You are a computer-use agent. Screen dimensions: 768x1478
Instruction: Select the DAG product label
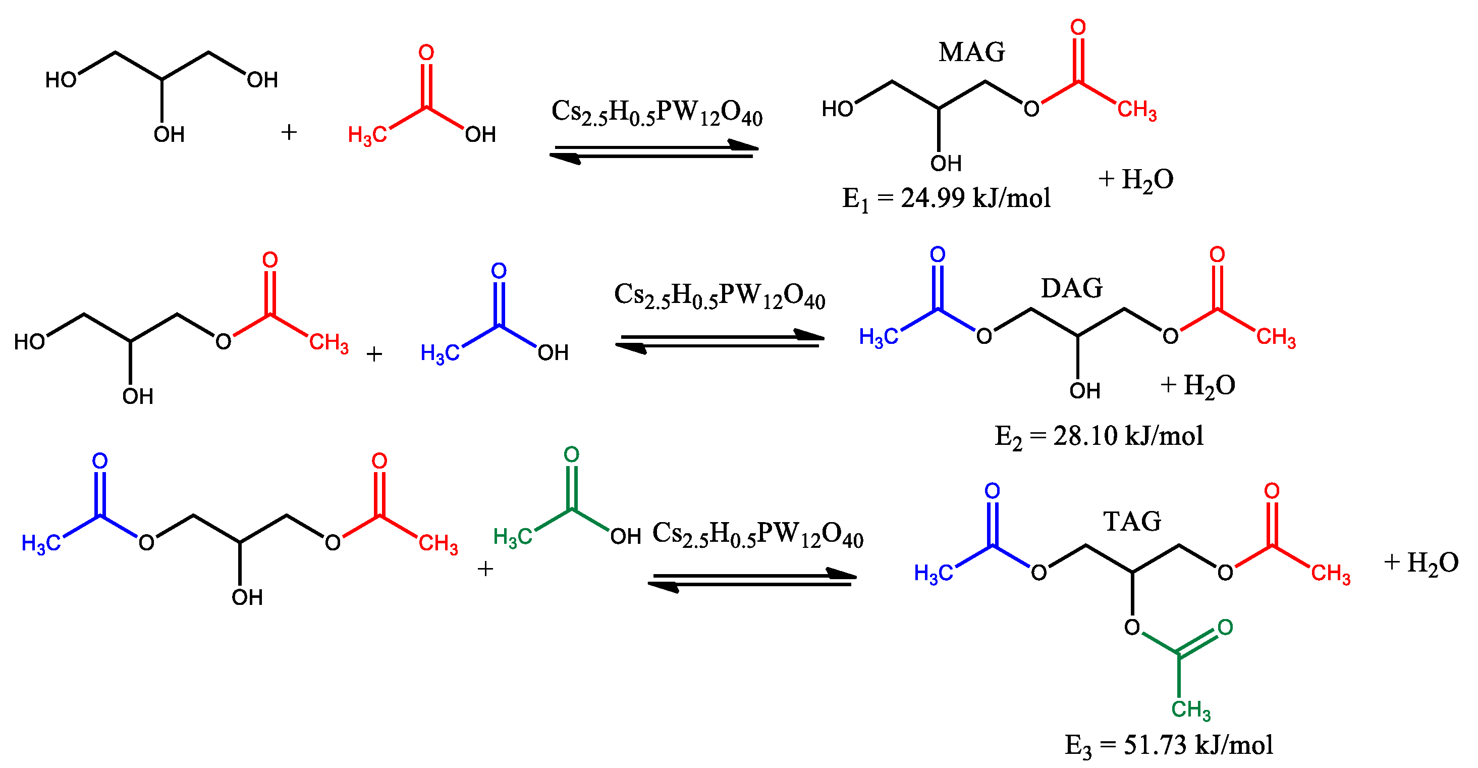point(1071,288)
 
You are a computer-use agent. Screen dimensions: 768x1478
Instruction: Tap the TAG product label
point(1132,521)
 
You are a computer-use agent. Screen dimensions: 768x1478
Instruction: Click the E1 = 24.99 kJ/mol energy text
point(946,198)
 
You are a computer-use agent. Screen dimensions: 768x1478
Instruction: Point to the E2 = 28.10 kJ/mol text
point(1098,436)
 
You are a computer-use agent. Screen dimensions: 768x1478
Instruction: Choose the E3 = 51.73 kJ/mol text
point(1169,746)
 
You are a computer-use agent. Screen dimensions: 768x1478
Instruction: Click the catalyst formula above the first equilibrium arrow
point(656,112)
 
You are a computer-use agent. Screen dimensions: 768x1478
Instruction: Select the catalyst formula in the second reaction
point(719,295)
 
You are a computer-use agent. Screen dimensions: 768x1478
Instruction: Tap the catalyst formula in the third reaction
point(757,534)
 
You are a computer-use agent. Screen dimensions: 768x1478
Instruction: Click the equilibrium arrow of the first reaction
point(654,151)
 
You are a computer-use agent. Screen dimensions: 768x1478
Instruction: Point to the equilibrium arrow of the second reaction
point(720,341)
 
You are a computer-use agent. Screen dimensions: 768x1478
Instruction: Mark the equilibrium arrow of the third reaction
point(752,580)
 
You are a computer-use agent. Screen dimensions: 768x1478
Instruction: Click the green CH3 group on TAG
point(1190,709)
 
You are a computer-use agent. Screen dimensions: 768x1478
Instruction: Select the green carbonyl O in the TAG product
point(1225,627)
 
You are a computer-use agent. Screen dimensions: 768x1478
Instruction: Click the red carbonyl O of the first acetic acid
point(426,53)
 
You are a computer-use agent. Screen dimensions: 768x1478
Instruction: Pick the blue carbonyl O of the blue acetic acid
point(499,271)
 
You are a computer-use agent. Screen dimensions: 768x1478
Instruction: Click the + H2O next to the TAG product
point(1420,562)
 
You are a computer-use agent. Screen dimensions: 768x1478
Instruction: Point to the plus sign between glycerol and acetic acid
point(289,133)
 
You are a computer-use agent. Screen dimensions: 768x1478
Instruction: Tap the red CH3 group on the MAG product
point(1136,110)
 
